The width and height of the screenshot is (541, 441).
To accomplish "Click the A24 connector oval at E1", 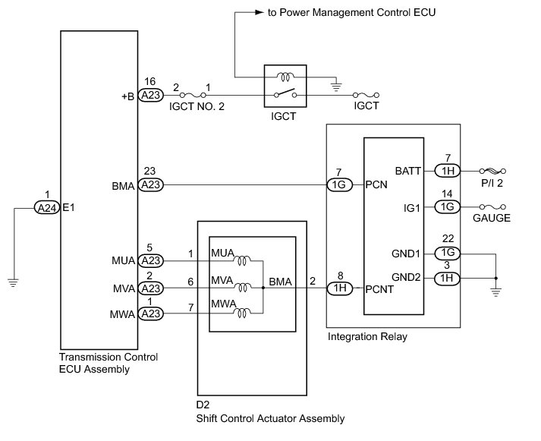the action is [47, 208].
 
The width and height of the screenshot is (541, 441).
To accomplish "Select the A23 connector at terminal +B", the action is [151, 95].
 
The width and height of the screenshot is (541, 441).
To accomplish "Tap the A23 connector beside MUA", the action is [151, 260].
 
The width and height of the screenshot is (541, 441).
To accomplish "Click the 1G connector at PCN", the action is [339, 184].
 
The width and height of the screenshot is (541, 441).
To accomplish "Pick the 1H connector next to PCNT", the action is [339, 288].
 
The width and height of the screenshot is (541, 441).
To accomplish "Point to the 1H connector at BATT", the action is [447, 171].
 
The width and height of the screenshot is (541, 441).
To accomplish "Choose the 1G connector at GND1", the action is [447, 253].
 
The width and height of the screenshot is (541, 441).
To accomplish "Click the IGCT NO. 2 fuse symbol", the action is [193, 95].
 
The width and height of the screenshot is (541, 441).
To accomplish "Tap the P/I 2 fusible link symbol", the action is [492, 171].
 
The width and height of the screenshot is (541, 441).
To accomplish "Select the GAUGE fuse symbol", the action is [492, 206].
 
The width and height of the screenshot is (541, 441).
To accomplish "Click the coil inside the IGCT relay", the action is [285, 77].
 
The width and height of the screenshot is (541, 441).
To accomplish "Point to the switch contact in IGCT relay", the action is [285, 93].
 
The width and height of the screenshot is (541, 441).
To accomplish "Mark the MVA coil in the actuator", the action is [243, 287].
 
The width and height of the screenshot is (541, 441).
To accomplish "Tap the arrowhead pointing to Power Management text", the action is [259, 12].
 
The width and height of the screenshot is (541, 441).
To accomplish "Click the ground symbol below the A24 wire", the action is [13, 282].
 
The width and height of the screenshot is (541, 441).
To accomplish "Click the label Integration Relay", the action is [367, 336].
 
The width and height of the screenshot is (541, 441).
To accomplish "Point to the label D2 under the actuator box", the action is [203, 405].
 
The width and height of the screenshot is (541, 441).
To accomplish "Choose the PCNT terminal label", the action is [379, 289].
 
